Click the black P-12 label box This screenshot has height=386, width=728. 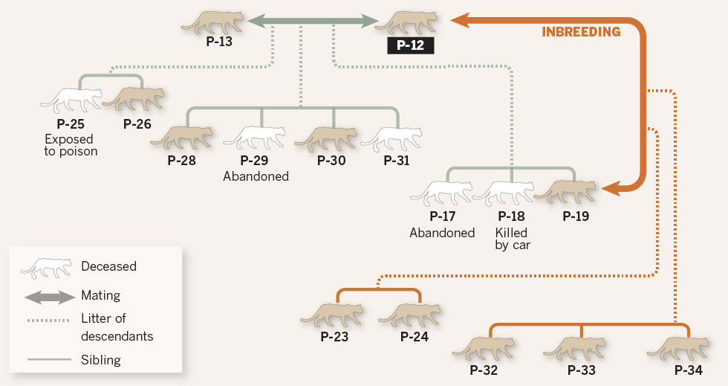[410, 46]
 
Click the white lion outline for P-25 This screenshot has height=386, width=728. [70, 98]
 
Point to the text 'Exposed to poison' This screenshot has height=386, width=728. [71, 145]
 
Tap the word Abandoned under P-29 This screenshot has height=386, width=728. [256, 176]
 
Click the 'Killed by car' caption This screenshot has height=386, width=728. [512, 239]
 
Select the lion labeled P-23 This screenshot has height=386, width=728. [331, 314]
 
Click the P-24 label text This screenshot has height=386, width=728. [414, 337]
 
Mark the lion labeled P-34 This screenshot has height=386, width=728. [678, 348]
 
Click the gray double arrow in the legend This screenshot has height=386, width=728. [51, 297]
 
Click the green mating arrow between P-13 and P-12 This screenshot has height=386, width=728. [312, 22]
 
